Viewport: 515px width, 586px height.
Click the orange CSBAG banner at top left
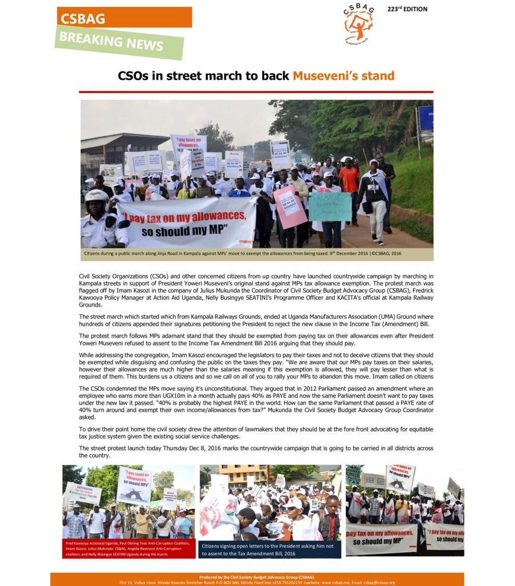pyautogui.click(x=124, y=17)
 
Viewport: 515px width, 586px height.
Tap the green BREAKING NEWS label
pyautogui.click(x=119, y=42)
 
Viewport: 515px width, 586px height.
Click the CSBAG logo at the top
pyautogui.click(x=358, y=24)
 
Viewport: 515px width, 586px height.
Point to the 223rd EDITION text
pyautogui.click(x=407, y=9)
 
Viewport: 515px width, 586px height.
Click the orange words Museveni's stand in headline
pyautogui.click(x=343, y=76)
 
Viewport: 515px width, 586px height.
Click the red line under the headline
pyautogui.click(x=256, y=92)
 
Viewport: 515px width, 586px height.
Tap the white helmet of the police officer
pyautogui.click(x=97, y=197)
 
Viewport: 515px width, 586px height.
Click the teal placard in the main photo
pyautogui.click(x=330, y=206)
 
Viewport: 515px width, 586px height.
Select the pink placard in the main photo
pyautogui.click(x=290, y=207)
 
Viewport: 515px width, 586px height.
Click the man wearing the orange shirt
pyautogui.click(x=348, y=180)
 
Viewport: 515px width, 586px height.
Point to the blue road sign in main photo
pyautogui.click(x=425, y=117)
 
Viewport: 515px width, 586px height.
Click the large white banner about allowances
pyautogui.click(x=187, y=223)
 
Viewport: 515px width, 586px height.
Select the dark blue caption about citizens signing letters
pyautogui.click(x=270, y=549)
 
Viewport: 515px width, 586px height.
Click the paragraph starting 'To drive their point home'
pyautogui.click(x=256, y=433)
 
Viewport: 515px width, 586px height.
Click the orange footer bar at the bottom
pyautogui.click(x=257, y=579)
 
